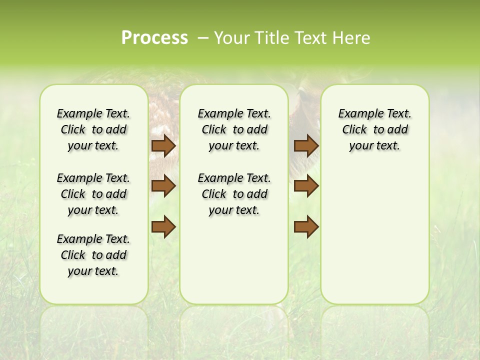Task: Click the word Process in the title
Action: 154,38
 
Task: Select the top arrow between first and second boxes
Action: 163,145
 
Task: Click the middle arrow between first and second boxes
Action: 163,186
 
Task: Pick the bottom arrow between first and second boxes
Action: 163,227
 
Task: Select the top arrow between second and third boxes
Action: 306,145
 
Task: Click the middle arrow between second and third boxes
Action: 306,186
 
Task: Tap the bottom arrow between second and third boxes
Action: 306,227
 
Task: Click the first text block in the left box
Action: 93,129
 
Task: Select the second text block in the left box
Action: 93,194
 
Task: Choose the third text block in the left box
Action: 93,255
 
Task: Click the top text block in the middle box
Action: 234,129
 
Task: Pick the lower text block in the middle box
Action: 234,194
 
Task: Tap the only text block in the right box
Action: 375,129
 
